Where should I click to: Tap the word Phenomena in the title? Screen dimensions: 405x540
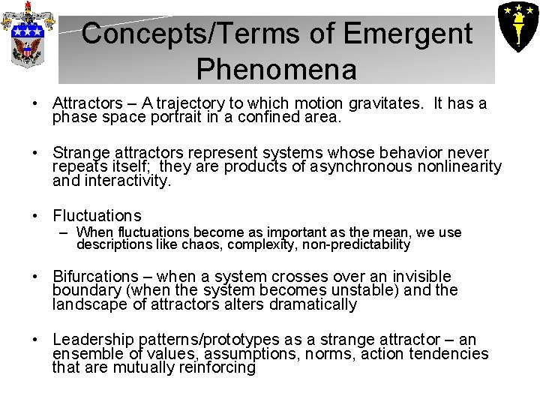276,69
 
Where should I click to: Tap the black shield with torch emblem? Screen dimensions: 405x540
517,25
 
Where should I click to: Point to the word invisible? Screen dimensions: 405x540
418,277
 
